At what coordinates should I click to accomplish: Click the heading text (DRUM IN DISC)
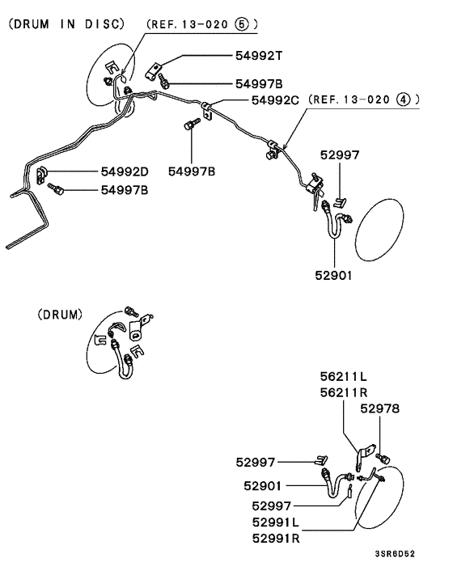point(67,24)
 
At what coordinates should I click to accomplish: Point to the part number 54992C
point(276,99)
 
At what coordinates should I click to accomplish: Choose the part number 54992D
point(125,171)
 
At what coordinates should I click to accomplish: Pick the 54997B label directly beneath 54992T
point(259,83)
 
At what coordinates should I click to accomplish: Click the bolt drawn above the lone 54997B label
point(191,125)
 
